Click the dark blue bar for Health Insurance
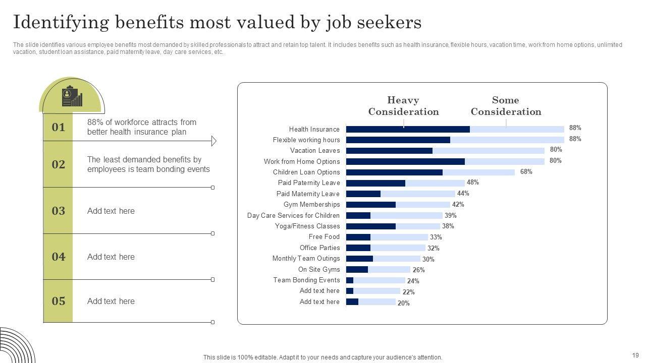[408, 129]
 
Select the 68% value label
[526, 172]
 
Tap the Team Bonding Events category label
[306, 280]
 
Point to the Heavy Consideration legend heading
[403, 106]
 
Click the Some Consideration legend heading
[506, 106]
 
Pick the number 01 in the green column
[59, 128]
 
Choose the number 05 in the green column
[59, 301]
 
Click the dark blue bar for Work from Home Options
[405, 161]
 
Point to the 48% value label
[472, 183]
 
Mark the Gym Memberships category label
[311, 205]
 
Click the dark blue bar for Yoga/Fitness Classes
[371, 226]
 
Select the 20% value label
[403, 303]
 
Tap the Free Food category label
[324, 237]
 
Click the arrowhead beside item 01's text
[213, 141]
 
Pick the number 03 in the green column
[59, 211]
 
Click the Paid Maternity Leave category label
[308, 194]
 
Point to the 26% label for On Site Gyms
[418, 270]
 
